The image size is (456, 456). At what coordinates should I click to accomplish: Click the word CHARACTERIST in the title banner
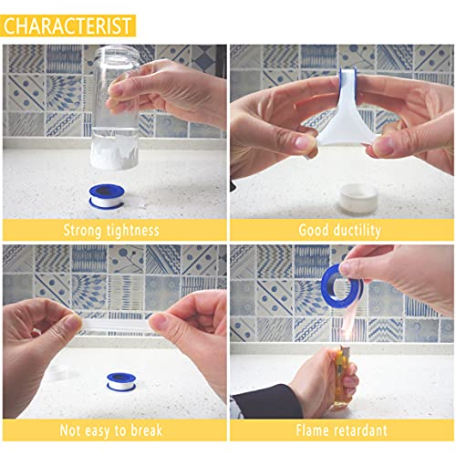[x=68, y=25]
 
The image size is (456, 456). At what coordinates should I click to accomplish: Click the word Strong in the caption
[x=89, y=230]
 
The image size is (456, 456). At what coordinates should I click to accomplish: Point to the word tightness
[x=136, y=230]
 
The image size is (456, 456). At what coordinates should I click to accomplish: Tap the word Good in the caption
[x=315, y=230]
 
